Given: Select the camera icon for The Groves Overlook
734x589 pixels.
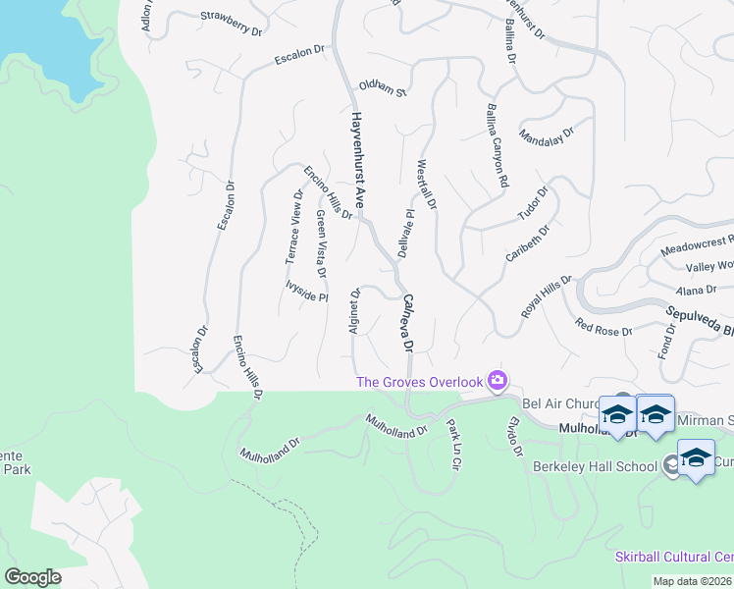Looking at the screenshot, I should point(498,381).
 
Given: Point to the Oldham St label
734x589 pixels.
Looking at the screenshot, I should point(383,88).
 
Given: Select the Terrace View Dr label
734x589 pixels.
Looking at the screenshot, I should point(293,227).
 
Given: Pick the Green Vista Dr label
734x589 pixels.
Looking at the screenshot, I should point(321,237).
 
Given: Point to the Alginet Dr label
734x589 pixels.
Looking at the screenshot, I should point(355,310).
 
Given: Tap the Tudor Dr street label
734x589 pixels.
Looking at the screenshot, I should point(534,200).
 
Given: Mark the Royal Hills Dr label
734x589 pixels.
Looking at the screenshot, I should point(546,296).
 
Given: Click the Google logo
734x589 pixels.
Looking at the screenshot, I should point(32,577).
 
